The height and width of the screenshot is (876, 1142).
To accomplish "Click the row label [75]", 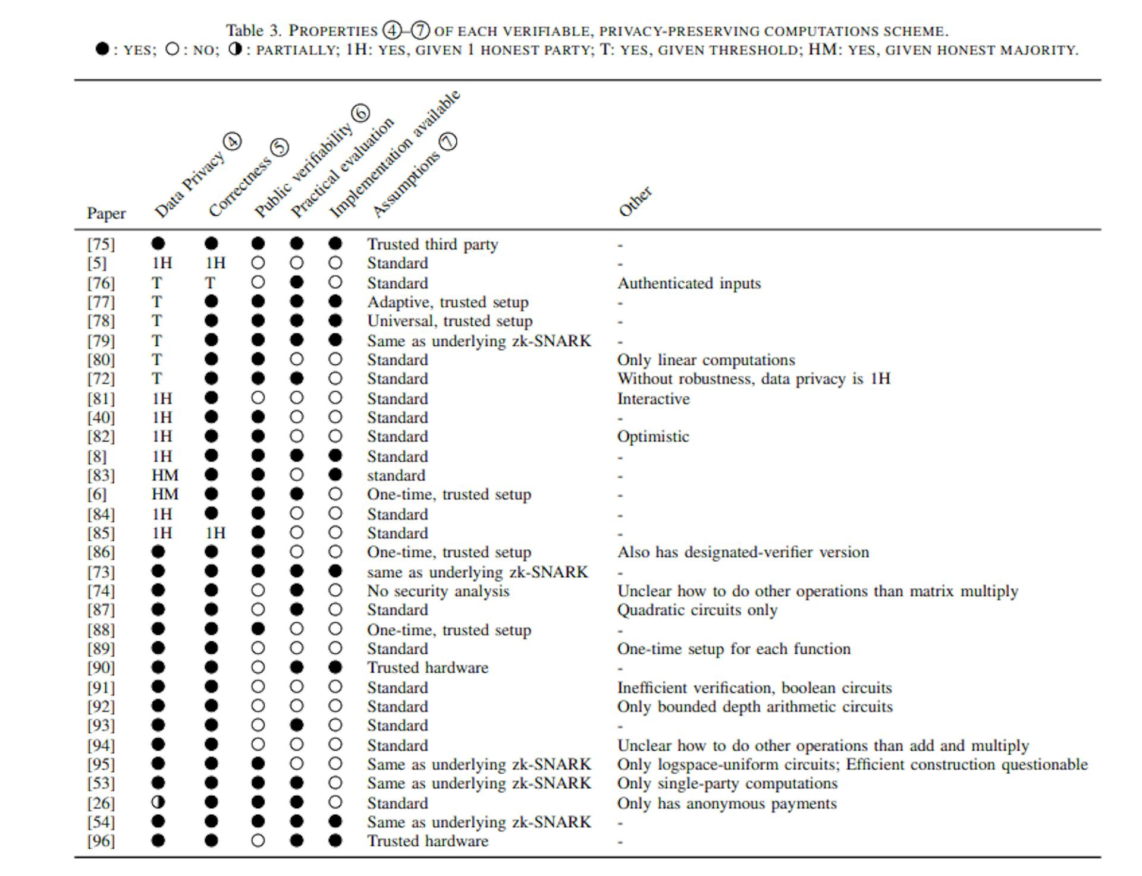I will [x=101, y=244].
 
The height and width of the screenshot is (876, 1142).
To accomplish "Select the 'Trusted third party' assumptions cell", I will [x=432, y=244].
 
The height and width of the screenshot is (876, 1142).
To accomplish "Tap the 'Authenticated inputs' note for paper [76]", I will [x=689, y=283].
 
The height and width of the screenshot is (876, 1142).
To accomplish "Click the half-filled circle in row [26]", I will [x=158, y=802].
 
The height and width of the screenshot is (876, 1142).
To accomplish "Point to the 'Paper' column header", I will [x=106, y=213].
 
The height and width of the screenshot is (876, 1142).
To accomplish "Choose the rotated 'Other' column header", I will [x=635, y=202].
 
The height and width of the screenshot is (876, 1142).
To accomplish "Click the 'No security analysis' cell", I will [x=438, y=591].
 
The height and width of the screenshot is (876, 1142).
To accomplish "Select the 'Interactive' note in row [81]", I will [x=653, y=398].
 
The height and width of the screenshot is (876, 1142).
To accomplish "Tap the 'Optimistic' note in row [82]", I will [x=653, y=436].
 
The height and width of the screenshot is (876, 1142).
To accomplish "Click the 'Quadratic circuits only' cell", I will [x=697, y=610].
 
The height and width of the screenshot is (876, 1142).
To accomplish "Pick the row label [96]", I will [x=101, y=841].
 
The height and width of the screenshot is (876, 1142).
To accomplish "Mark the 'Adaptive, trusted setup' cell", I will [x=447, y=302].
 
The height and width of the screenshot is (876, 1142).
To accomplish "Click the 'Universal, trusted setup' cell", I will [x=450, y=321].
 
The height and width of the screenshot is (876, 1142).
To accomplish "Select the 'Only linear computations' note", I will [x=706, y=360].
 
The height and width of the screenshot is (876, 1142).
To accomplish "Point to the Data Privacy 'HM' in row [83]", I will [x=165, y=475].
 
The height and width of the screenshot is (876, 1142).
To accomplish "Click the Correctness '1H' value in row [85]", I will [x=215, y=532].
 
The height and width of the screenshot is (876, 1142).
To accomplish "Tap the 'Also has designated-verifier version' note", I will [x=743, y=552].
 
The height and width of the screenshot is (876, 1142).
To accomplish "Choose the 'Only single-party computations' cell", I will [x=727, y=783].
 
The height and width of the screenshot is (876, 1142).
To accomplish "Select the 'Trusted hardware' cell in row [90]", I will [x=428, y=667].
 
